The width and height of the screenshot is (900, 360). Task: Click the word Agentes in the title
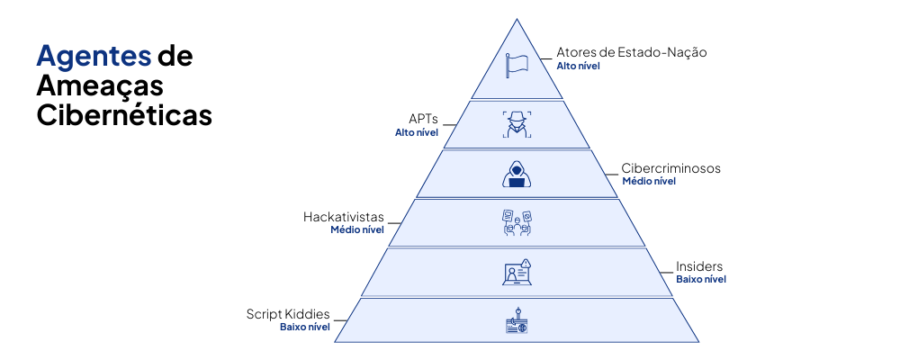tap(93, 56)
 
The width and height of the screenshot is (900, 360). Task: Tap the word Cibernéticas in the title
tap(124, 115)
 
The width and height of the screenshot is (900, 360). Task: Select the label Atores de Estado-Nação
tap(631, 52)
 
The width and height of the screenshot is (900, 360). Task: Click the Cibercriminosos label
tap(670, 168)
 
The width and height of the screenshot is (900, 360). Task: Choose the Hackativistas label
tap(344, 217)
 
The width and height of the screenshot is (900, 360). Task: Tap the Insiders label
tap(699, 266)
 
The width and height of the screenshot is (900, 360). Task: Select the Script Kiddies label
tap(288, 314)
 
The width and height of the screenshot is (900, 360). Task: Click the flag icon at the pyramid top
tap(517, 66)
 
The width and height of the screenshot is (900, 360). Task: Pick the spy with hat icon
tap(517, 124)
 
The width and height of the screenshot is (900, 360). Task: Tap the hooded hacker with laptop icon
tap(517, 174)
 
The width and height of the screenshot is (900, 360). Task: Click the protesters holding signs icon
tap(517, 222)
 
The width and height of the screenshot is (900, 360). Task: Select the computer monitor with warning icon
tap(517, 272)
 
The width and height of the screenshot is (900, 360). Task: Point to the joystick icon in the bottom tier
tap(517, 321)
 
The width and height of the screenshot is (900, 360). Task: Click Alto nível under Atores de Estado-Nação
tap(578, 66)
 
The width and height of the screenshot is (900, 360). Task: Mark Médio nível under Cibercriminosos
tap(649, 182)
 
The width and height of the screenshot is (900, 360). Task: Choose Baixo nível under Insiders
tap(701, 280)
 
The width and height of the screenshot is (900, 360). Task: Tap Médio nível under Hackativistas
tap(357, 230)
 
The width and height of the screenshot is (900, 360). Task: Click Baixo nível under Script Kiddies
tap(305, 328)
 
